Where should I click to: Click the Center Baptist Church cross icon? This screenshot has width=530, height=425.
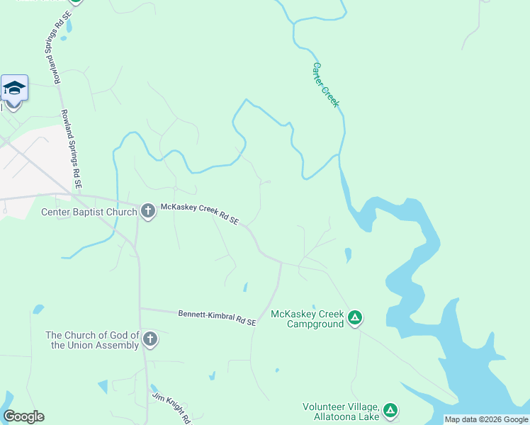tap(147, 210)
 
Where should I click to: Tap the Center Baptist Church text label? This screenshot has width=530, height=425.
tap(89, 212)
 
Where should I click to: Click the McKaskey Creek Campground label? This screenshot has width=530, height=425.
tap(307, 319)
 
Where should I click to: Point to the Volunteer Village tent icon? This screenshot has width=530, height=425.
tap(390, 410)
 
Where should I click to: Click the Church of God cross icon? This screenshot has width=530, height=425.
tap(150, 339)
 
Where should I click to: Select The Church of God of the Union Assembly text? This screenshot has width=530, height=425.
tap(92, 340)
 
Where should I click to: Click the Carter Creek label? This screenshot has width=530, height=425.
tap(326, 85)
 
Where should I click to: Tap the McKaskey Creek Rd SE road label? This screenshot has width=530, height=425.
tap(199, 213)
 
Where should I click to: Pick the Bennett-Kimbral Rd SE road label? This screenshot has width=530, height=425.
tap(216, 317)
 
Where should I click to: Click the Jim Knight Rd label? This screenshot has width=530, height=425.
tap(172, 408)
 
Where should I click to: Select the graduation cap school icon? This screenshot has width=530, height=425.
tap(14, 89)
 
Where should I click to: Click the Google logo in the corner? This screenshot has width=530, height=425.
tap(23, 416)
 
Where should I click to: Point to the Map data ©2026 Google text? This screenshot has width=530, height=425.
tap(486, 419)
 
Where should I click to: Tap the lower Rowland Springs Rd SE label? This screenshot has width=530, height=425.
tap(72, 149)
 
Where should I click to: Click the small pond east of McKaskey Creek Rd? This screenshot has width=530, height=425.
tap(347, 254)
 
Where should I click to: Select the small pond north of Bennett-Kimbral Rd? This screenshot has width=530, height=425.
tap(245, 287)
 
